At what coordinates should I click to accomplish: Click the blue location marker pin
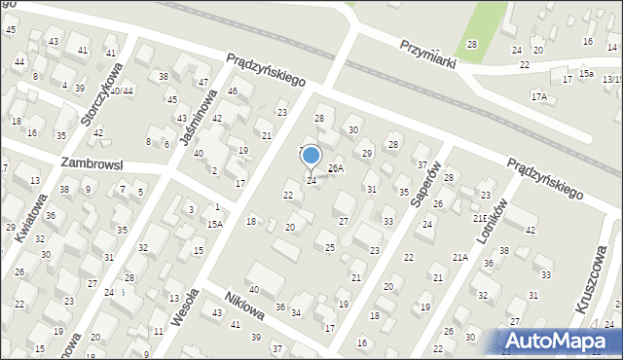[x=311, y=156]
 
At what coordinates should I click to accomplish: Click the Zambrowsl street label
[x=91, y=164]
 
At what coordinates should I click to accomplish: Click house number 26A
[x=335, y=169]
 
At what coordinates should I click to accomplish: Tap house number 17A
[x=538, y=97]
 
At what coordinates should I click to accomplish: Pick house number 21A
[x=459, y=257]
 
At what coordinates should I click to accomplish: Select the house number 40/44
[x=121, y=90]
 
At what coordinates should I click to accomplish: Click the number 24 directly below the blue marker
[x=311, y=180]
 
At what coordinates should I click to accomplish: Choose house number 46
[x=233, y=91]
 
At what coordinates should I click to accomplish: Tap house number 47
[x=202, y=83]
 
